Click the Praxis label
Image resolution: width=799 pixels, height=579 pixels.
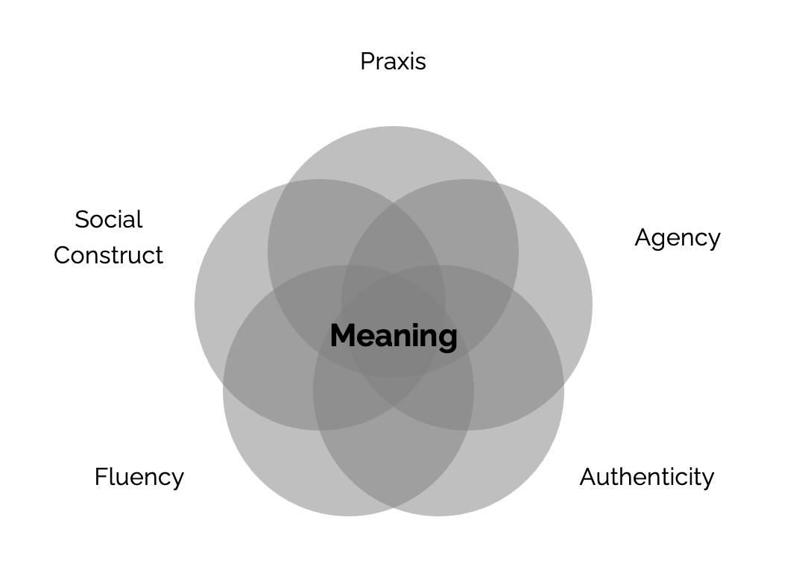point(393,61)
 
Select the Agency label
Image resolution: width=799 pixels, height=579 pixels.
point(677,238)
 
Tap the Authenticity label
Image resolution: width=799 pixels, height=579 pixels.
point(646,477)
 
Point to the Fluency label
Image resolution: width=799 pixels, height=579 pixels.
point(139,477)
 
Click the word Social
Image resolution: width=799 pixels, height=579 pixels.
point(108,219)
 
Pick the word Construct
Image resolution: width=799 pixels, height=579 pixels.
point(108,255)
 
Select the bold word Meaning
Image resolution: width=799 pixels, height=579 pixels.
point(393,336)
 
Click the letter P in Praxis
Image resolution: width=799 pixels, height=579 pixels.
point(367,61)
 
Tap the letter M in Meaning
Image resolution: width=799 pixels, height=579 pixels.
point(342,336)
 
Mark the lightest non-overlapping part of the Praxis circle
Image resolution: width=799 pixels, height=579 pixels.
point(393,153)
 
